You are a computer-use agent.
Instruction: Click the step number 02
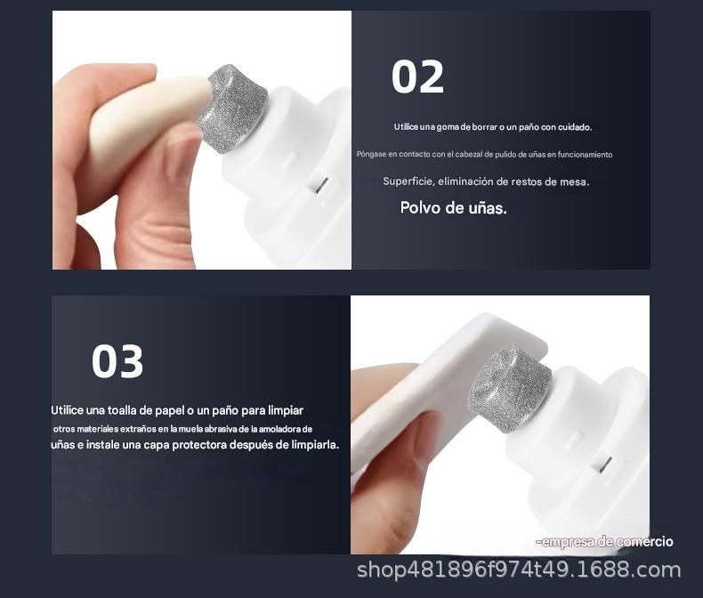(x=417, y=77)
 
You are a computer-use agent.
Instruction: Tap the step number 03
(x=117, y=361)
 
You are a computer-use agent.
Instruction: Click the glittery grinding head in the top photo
(x=232, y=109)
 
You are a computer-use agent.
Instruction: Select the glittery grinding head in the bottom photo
(x=510, y=388)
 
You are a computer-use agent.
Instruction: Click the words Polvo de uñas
(x=453, y=208)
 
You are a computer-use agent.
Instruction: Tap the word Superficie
(x=408, y=182)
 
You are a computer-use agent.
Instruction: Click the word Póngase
(x=371, y=155)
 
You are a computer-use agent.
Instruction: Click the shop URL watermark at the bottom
(x=519, y=570)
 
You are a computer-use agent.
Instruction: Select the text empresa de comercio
(x=605, y=542)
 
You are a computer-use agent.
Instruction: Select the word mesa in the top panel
(x=575, y=182)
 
